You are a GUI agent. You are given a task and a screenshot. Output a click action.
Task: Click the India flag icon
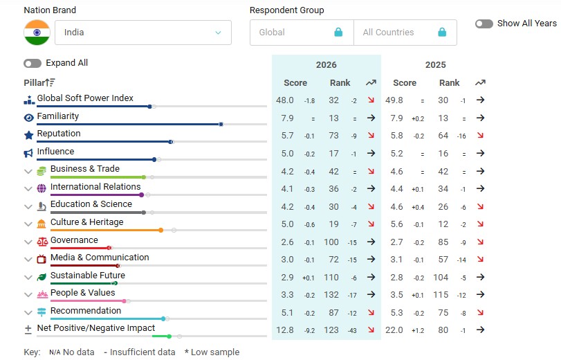coord(37,33)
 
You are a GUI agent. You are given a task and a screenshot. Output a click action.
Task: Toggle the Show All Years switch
coord(484,24)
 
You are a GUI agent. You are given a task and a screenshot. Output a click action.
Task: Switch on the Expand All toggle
coord(33,63)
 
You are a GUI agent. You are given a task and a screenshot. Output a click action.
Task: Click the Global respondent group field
coord(301,33)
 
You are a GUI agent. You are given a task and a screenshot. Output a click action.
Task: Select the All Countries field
coord(405,33)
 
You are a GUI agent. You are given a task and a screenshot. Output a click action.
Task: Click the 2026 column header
coord(326,65)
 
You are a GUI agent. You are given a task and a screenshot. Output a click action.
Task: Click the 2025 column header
coord(435,65)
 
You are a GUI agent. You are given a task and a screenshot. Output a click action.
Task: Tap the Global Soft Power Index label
coord(85,98)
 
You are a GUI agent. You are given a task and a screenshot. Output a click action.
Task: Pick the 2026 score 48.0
coord(285,100)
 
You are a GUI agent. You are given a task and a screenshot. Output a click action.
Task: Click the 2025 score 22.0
coord(394,330)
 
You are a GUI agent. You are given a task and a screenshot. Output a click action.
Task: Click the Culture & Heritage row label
coord(86,222)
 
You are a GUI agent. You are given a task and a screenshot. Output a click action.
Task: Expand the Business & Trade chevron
coord(28,171)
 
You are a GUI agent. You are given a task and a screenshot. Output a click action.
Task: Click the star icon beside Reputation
coord(28,135)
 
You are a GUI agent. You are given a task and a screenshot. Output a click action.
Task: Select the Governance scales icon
coord(42,242)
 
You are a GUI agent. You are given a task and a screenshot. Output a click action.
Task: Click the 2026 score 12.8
coord(285,330)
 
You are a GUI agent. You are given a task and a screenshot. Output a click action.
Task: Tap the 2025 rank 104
coord(441,277)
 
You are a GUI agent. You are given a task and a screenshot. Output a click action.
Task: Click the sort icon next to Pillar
coord(50,83)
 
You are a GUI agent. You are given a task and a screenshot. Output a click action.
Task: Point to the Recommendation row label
coord(85,311)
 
